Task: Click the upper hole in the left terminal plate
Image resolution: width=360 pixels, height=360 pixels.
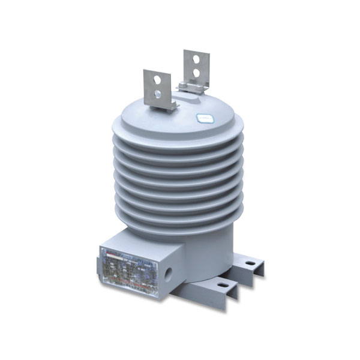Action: pos(157,79)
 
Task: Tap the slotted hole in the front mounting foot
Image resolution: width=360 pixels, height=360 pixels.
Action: pos(223,285)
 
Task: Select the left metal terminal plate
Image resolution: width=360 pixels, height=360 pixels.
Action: pos(157,88)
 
